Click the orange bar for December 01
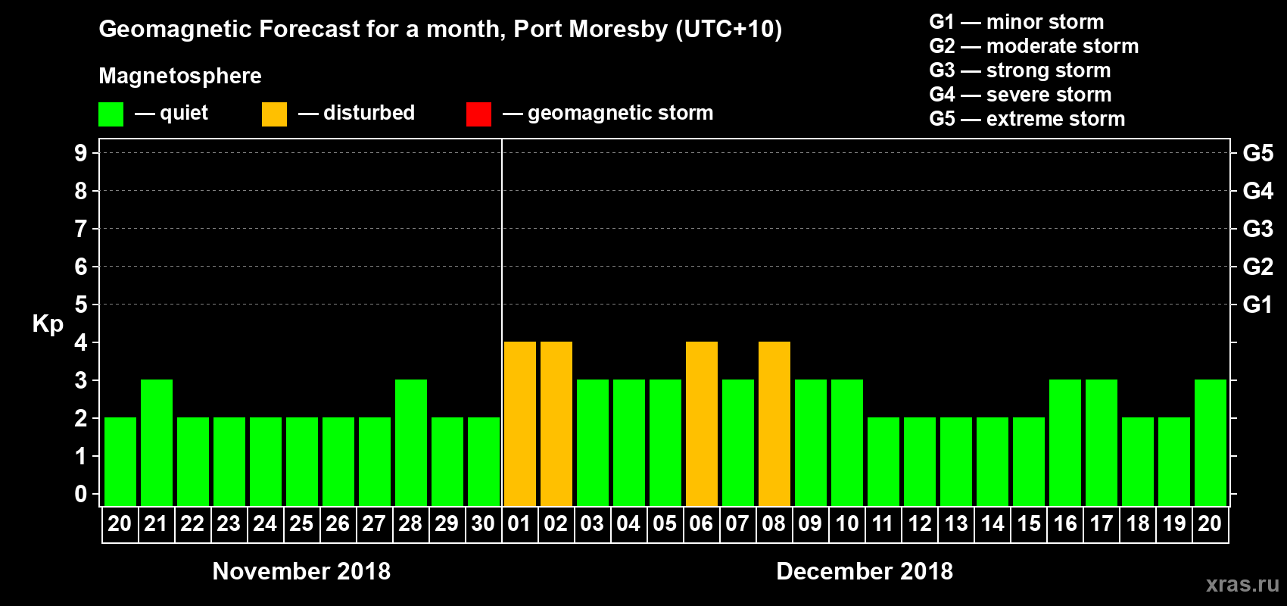pos(519,423)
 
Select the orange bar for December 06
pos(701,423)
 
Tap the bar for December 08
pos(774,423)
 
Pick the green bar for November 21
pos(156,442)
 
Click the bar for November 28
pos(410,442)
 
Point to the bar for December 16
pos(1064,442)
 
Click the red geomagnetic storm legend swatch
pos(478,114)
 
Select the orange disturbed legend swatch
pos(274,114)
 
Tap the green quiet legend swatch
pos(111,114)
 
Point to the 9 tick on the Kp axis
pos(81,153)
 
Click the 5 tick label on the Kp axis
pos(81,305)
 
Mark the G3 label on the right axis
pos(1257,229)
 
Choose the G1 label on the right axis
pos(1257,305)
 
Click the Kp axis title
pos(48,324)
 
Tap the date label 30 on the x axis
pos(483,523)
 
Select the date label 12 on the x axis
pos(919,523)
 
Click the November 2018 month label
pos(301,571)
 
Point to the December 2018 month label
pos(865,571)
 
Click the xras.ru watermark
pos(1242,584)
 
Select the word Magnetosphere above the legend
pos(180,76)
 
